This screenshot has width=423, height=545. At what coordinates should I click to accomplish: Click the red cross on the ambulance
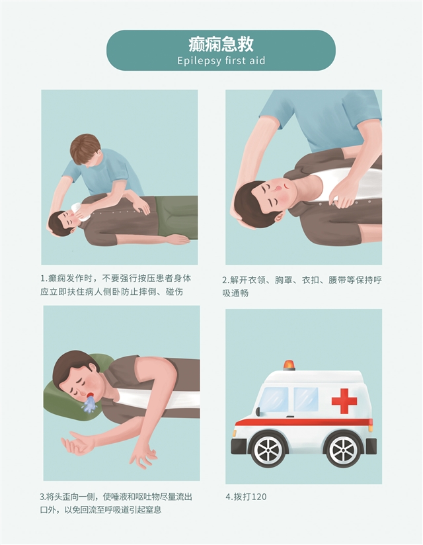(344, 401)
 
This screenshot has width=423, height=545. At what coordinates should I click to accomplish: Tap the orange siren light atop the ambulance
(289, 364)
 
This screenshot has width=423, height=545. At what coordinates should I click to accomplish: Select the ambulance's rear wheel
(343, 450)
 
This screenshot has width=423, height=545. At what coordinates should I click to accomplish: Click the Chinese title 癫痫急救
(221, 44)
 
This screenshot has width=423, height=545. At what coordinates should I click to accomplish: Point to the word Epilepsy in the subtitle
(199, 61)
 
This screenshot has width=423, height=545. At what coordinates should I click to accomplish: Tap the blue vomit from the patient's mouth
(89, 405)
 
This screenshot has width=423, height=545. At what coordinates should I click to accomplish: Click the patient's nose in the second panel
(278, 188)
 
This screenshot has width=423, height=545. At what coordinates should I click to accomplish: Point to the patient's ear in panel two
(279, 218)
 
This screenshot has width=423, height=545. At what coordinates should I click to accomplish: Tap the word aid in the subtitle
(257, 60)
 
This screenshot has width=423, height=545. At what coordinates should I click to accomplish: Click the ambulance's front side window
(274, 399)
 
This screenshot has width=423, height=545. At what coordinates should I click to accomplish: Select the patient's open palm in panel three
(75, 446)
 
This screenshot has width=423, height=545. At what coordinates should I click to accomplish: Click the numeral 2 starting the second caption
(224, 280)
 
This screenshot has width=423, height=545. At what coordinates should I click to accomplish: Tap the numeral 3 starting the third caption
(42, 497)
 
